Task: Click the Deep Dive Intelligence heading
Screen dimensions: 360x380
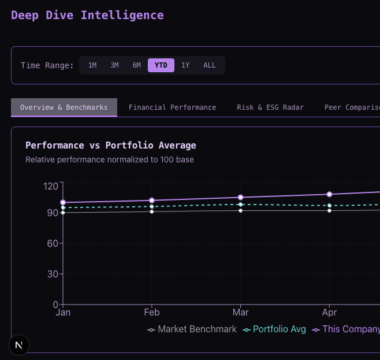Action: click(87, 15)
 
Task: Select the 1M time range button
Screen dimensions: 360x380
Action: click(92, 65)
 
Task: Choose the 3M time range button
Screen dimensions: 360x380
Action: click(114, 65)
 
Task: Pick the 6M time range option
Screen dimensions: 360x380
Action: click(136, 65)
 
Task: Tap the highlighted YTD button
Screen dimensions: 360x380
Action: click(161, 65)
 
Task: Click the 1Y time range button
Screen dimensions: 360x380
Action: click(185, 65)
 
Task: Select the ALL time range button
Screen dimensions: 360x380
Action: click(209, 65)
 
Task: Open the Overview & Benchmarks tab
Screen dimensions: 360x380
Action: click(64, 107)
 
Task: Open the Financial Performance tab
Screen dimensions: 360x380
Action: click(172, 107)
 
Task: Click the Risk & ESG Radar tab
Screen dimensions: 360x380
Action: click(270, 107)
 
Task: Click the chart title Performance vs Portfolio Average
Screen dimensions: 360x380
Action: click(111, 145)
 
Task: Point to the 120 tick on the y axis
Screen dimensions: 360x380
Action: click(51, 186)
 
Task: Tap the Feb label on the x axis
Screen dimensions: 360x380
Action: click(151, 313)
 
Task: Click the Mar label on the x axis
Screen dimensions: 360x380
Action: click(240, 313)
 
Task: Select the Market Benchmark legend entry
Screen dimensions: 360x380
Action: click(192, 329)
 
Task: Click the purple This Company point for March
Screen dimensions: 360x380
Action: click(240, 198)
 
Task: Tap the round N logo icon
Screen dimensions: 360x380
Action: click(19, 345)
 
